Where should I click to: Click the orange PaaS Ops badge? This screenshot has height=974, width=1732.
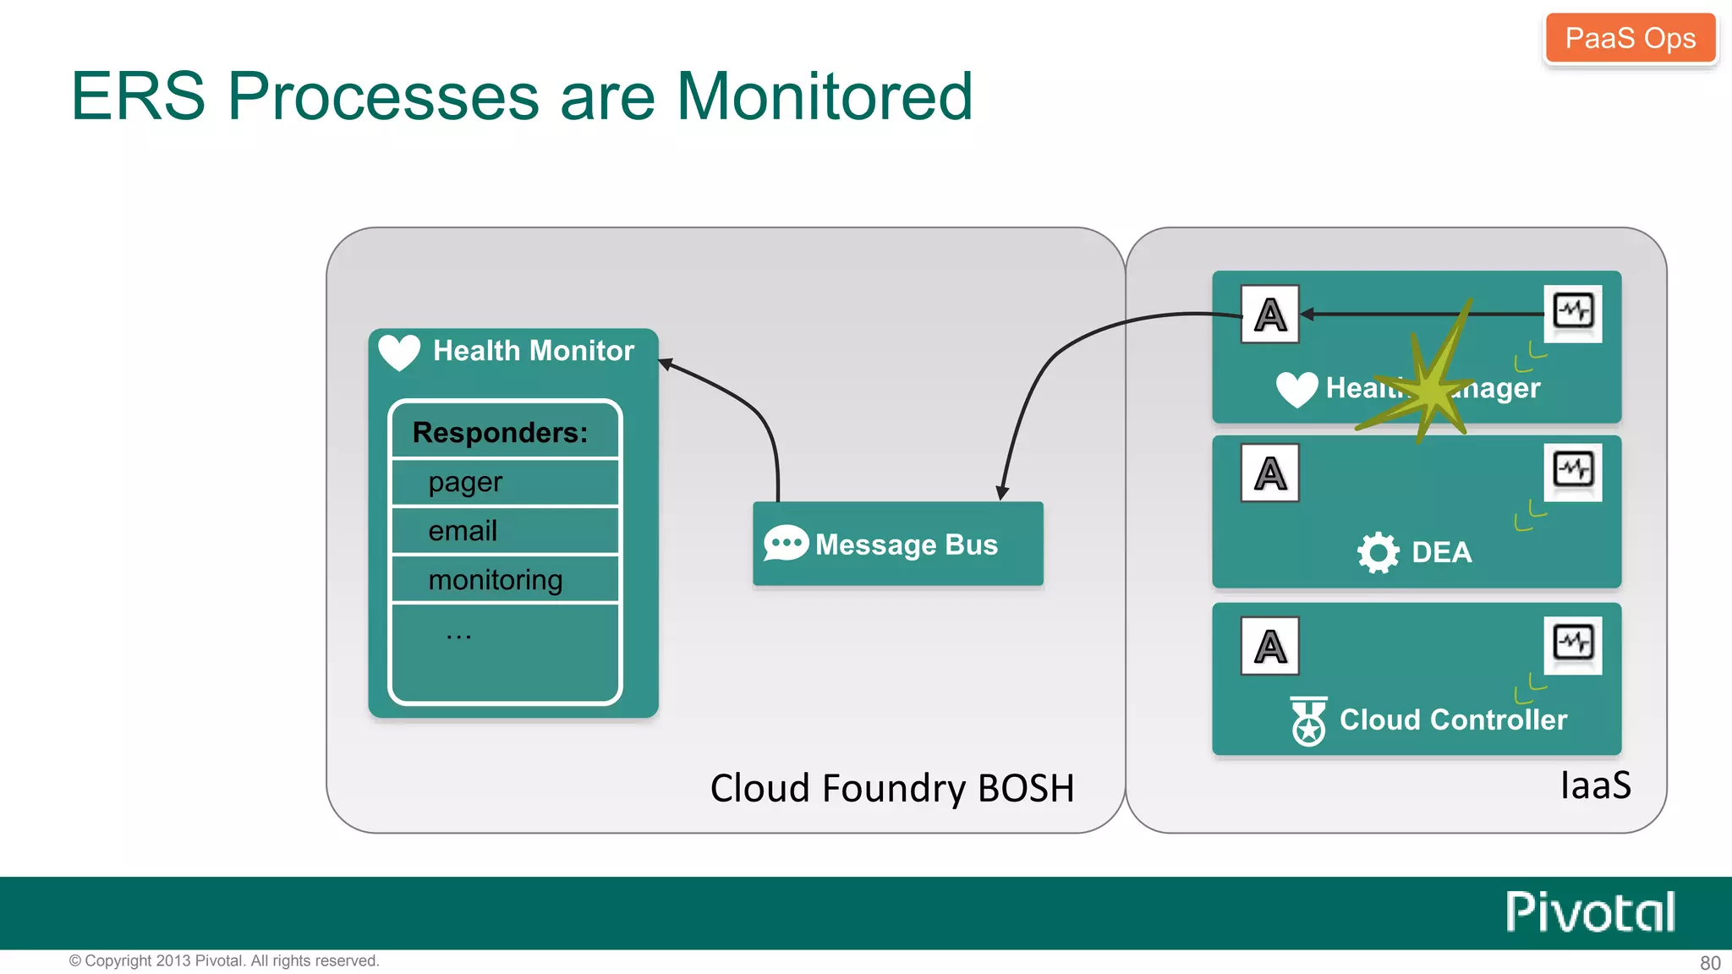click(x=1630, y=38)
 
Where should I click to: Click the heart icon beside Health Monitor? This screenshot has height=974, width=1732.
click(x=399, y=352)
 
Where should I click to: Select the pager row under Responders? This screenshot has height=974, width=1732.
click(x=505, y=482)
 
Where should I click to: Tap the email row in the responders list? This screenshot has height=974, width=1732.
click(x=505, y=531)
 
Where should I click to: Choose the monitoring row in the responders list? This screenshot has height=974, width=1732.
click(x=505, y=579)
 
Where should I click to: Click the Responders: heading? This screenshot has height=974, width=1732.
click(x=500, y=432)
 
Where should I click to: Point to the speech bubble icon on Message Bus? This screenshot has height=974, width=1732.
click(x=786, y=544)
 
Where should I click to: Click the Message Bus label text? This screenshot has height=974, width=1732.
click(x=907, y=544)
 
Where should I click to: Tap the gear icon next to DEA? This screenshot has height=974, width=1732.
click(x=1378, y=553)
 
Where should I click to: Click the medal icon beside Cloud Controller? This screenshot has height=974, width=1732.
click(x=1308, y=721)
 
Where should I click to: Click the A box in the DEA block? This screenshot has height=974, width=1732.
click(x=1269, y=473)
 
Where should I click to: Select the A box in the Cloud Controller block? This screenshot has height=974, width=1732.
click(x=1269, y=646)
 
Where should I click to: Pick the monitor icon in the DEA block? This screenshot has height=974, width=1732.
click(x=1573, y=470)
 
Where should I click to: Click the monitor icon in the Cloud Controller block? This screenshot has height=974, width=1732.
click(x=1573, y=643)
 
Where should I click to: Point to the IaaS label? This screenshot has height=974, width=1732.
click(x=1595, y=785)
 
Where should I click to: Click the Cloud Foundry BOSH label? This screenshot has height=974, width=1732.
click(x=892, y=788)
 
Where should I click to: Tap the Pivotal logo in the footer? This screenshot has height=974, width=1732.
click(x=1590, y=912)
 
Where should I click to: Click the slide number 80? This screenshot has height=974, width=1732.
click(x=1710, y=963)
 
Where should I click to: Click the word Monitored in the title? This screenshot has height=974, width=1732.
click(x=825, y=96)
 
